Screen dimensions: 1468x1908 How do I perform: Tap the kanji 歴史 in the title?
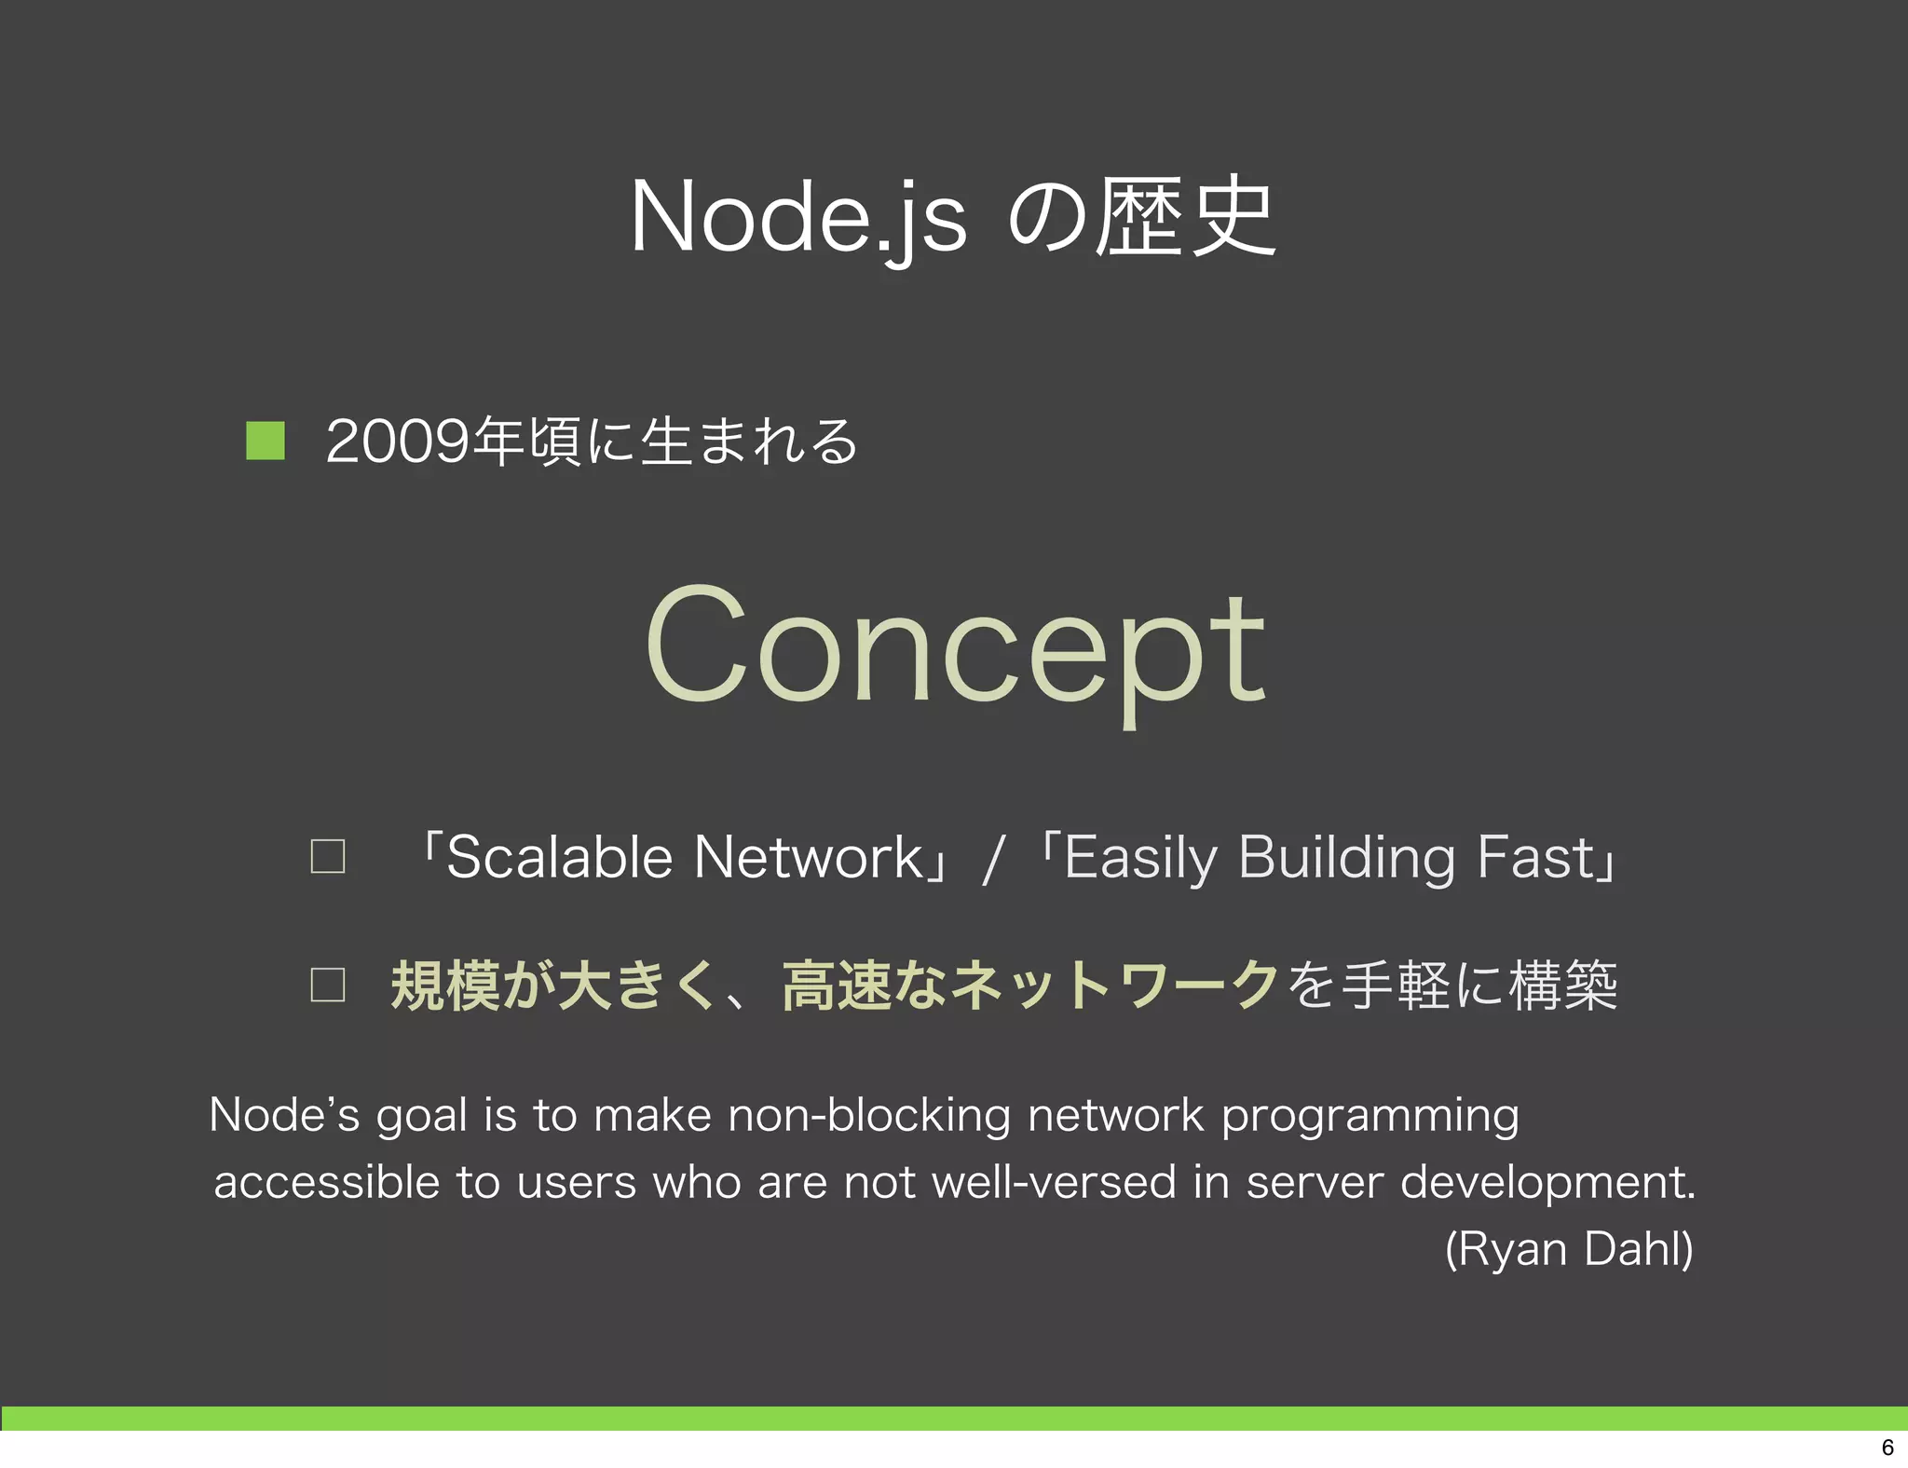(1184, 217)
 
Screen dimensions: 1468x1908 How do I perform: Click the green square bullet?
(265, 441)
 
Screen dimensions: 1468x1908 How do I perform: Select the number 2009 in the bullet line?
(398, 442)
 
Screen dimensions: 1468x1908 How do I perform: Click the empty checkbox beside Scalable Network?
(327, 856)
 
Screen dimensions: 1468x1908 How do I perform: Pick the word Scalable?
(559, 857)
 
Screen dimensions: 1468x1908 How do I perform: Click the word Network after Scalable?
(808, 857)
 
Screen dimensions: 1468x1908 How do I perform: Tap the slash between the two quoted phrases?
(993, 859)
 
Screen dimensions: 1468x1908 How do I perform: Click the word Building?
(1346, 858)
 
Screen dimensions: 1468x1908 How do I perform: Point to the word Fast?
(1536, 857)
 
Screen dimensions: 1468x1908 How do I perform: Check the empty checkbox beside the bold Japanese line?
(327, 985)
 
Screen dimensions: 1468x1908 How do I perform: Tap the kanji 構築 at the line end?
(1562, 985)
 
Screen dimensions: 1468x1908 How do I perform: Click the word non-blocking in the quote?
(869, 1115)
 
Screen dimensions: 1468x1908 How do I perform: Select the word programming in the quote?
(1370, 1116)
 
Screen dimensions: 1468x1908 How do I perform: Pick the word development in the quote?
(1547, 1182)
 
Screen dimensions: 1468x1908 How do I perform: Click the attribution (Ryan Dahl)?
(1569, 1249)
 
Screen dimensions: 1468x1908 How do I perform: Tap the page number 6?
(1888, 1448)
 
